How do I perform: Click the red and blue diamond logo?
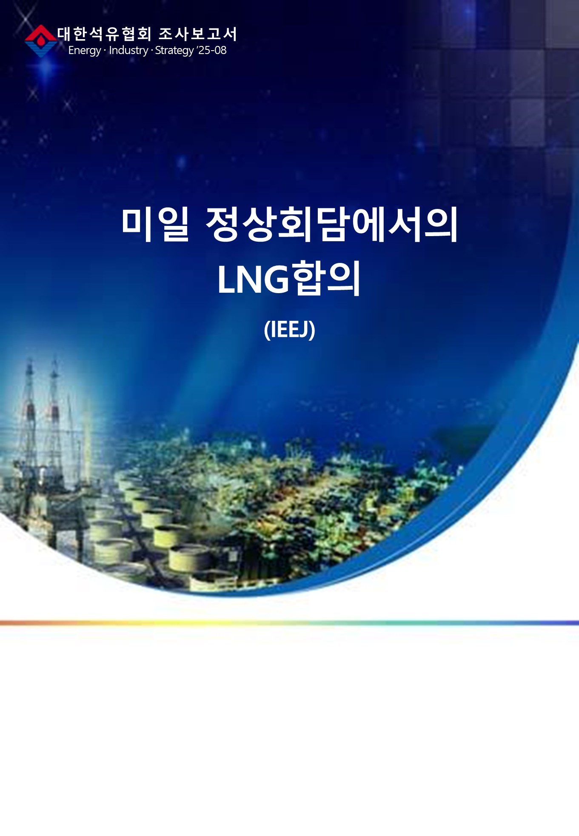[x=40, y=41]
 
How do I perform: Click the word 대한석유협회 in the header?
[x=105, y=34]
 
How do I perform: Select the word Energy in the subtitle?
[x=85, y=51]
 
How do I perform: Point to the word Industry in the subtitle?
[x=128, y=50]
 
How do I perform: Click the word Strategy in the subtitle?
[x=174, y=51]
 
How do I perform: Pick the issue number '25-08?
[x=211, y=50]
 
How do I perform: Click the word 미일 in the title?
[x=155, y=224]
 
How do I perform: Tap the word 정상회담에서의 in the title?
[x=331, y=224]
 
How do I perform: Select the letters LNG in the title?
[x=253, y=280]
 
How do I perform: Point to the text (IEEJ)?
[x=290, y=329]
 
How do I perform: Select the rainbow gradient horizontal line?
[x=289, y=623]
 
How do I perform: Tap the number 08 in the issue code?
[x=220, y=50]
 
